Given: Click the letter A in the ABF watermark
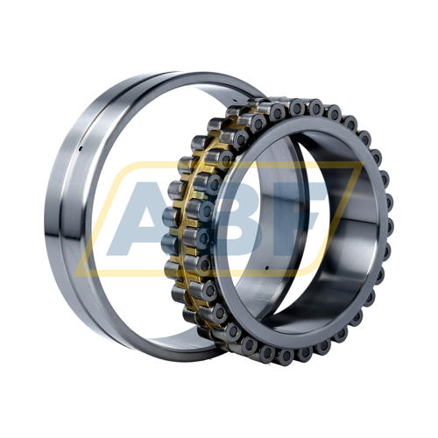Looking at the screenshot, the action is point(146,217).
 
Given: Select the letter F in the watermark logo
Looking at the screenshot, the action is point(289,217).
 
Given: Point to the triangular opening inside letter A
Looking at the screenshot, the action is point(151,217).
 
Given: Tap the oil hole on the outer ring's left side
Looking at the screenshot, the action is point(81,149).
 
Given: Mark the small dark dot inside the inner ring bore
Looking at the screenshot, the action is point(267,267).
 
